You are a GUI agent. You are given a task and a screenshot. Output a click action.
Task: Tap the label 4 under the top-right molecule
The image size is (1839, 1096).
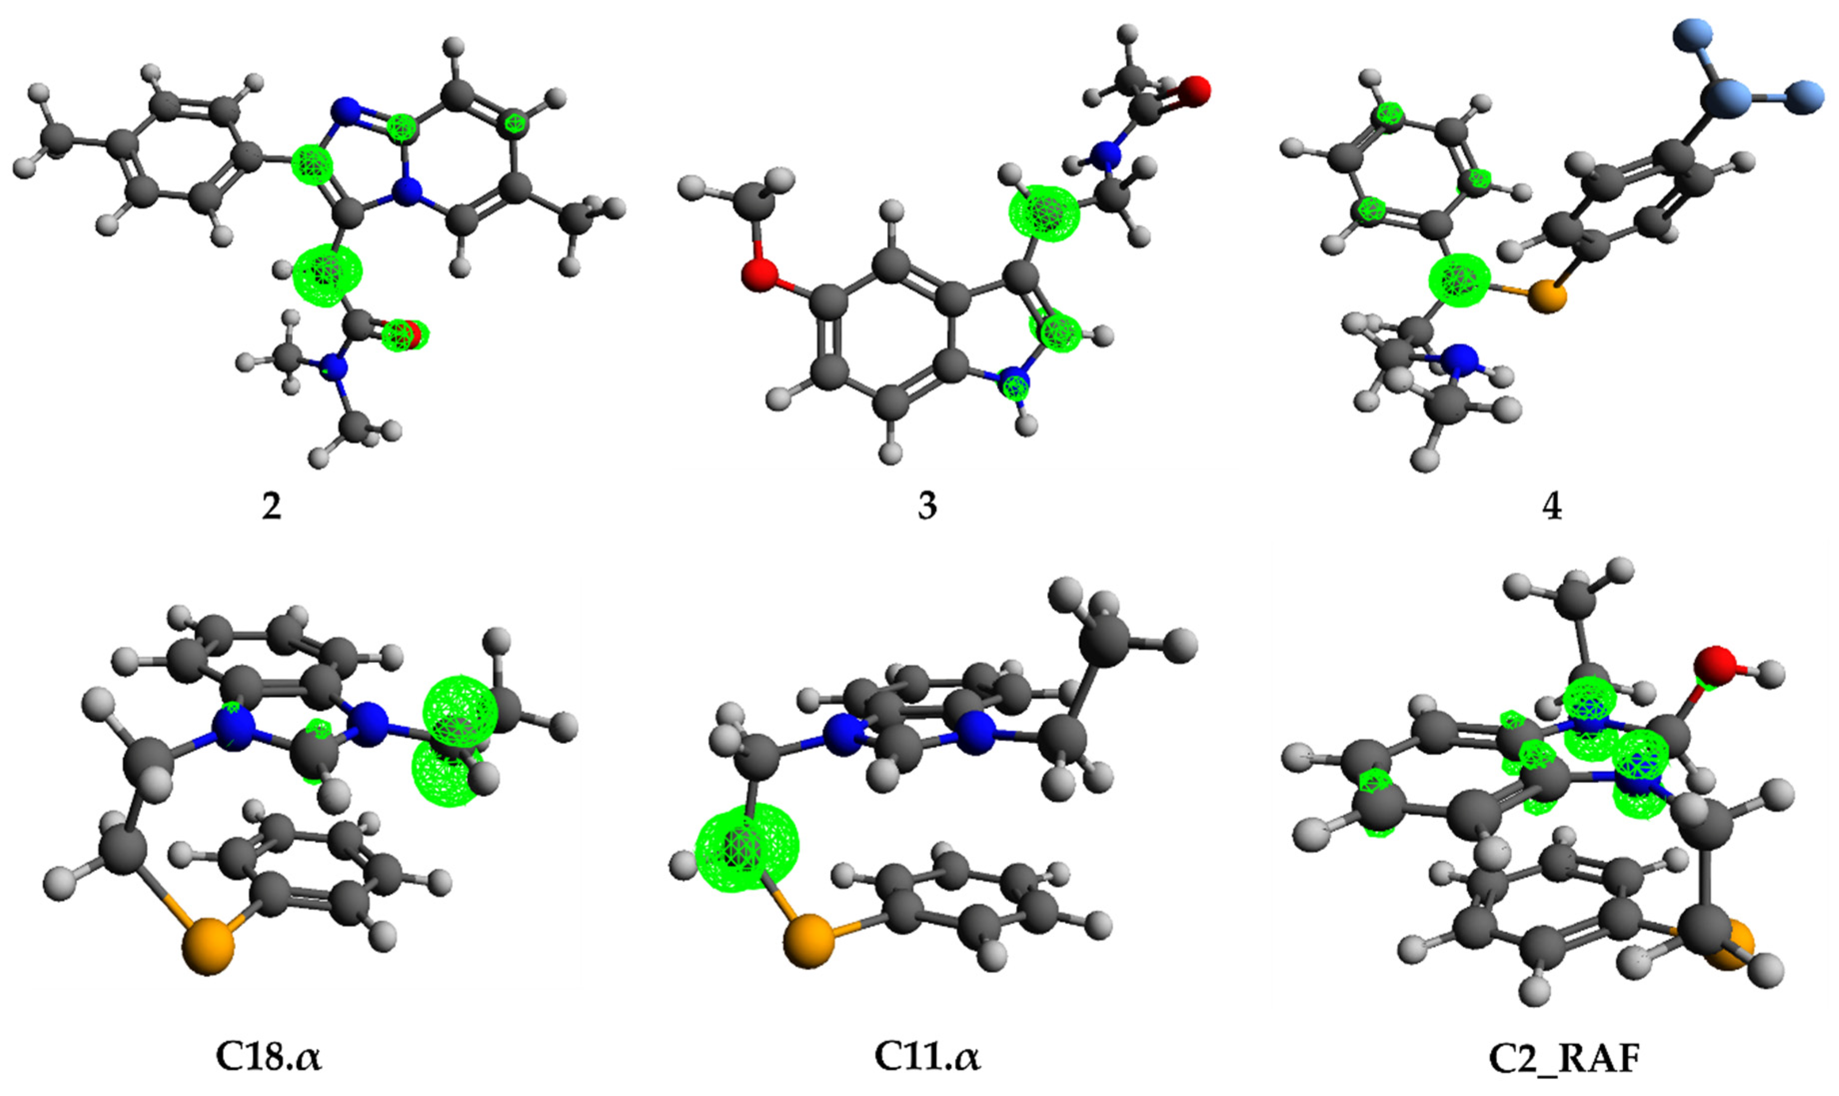[1553, 507]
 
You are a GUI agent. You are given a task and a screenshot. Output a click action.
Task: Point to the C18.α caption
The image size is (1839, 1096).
[269, 1058]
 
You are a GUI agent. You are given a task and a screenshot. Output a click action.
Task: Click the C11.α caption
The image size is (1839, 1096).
[927, 1058]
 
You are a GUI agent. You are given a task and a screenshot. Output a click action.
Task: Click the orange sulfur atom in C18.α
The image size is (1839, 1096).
[207, 947]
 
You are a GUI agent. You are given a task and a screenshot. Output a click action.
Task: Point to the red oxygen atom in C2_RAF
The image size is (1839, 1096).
[1714, 667]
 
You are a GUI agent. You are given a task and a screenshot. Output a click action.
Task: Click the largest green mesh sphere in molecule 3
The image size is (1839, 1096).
[1043, 213]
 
